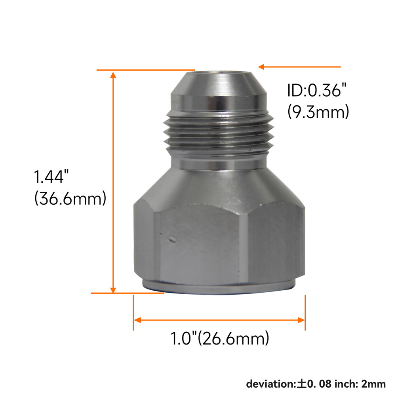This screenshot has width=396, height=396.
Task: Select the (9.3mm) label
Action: coord(318,112)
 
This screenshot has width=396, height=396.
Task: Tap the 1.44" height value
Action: coord(49,177)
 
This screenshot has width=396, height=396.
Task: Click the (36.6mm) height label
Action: coord(70,198)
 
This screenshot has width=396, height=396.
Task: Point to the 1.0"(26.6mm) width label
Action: coord(219,339)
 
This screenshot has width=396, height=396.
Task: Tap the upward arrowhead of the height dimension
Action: coord(114,75)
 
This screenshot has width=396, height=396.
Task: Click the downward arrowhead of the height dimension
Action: coord(114,289)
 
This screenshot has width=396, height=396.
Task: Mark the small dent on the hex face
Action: coord(172,239)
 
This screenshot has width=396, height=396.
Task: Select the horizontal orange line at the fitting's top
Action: coord(147,70)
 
